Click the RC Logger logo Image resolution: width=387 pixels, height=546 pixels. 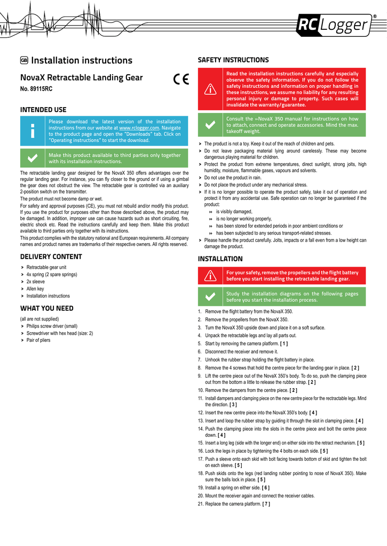(335, 25)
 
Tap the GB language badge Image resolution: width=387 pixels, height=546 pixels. (24, 60)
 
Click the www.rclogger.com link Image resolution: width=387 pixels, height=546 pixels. (139, 128)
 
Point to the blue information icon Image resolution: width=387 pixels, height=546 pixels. (33, 131)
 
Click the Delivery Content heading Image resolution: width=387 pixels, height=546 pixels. (51, 256)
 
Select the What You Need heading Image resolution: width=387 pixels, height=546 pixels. (47, 308)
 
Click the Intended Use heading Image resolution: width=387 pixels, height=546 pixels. (43, 110)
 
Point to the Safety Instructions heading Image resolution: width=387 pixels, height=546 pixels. (233, 60)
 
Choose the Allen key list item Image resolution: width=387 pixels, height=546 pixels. (35, 288)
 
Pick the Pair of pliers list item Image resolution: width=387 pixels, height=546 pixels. (38, 340)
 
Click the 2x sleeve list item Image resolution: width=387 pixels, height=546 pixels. (36, 282)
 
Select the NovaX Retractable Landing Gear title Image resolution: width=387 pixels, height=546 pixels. (82, 77)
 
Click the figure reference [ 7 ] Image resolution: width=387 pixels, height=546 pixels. (266, 503)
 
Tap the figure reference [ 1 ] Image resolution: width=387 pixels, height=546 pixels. (284, 344)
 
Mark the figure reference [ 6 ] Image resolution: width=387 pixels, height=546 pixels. (265, 487)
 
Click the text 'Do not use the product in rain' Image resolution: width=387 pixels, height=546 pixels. (233, 178)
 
